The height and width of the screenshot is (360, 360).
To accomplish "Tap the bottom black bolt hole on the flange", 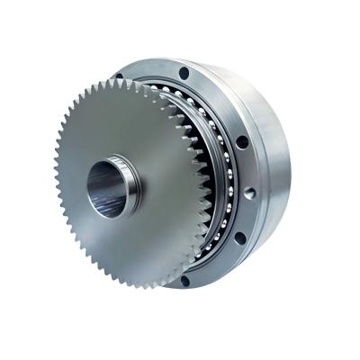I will pyautogui.click(x=184, y=282).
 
